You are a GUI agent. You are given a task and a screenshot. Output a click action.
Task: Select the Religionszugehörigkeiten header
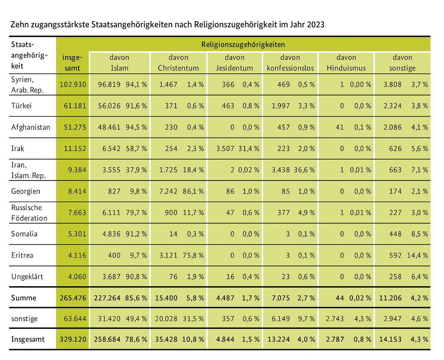[x=243, y=44]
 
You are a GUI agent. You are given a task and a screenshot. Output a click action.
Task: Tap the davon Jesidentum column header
[x=235, y=62]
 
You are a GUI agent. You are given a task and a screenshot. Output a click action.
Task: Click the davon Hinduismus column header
[x=346, y=62]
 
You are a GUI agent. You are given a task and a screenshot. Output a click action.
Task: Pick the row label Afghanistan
[x=30, y=127]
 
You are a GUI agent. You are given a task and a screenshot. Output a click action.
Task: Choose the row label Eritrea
[x=22, y=255]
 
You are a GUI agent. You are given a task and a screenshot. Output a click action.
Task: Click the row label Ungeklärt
[x=27, y=276]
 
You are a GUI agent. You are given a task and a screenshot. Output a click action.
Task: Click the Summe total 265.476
[x=73, y=298]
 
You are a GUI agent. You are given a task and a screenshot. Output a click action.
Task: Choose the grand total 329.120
[x=73, y=340]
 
